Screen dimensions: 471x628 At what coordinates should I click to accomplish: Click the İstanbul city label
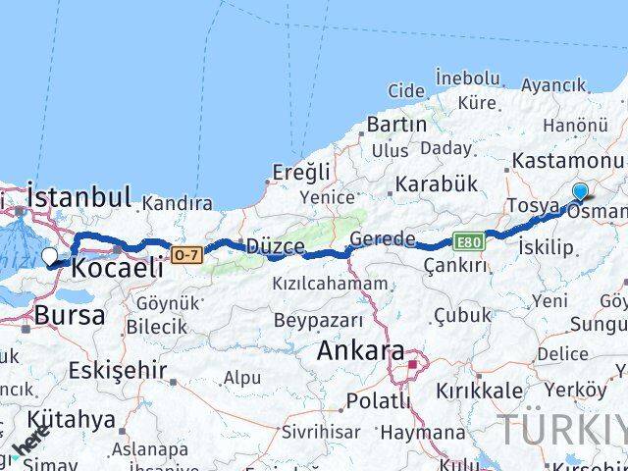[x=79, y=196]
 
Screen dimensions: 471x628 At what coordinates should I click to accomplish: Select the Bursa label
[x=69, y=315]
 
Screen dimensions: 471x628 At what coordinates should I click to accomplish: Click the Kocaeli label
[x=120, y=268]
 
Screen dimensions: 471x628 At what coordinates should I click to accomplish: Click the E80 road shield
[x=467, y=240]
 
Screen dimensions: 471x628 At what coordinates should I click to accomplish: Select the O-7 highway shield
[x=186, y=255]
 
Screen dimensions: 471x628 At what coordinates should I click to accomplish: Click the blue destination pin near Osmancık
[x=580, y=192]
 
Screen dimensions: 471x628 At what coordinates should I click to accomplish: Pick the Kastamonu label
[x=574, y=161]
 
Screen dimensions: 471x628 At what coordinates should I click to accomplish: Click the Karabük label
[x=435, y=183]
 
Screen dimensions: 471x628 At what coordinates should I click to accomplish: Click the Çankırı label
[x=454, y=266]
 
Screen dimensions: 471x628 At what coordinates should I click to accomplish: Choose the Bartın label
[x=396, y=125]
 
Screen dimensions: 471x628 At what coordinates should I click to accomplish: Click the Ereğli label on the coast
[x=301, y=173]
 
